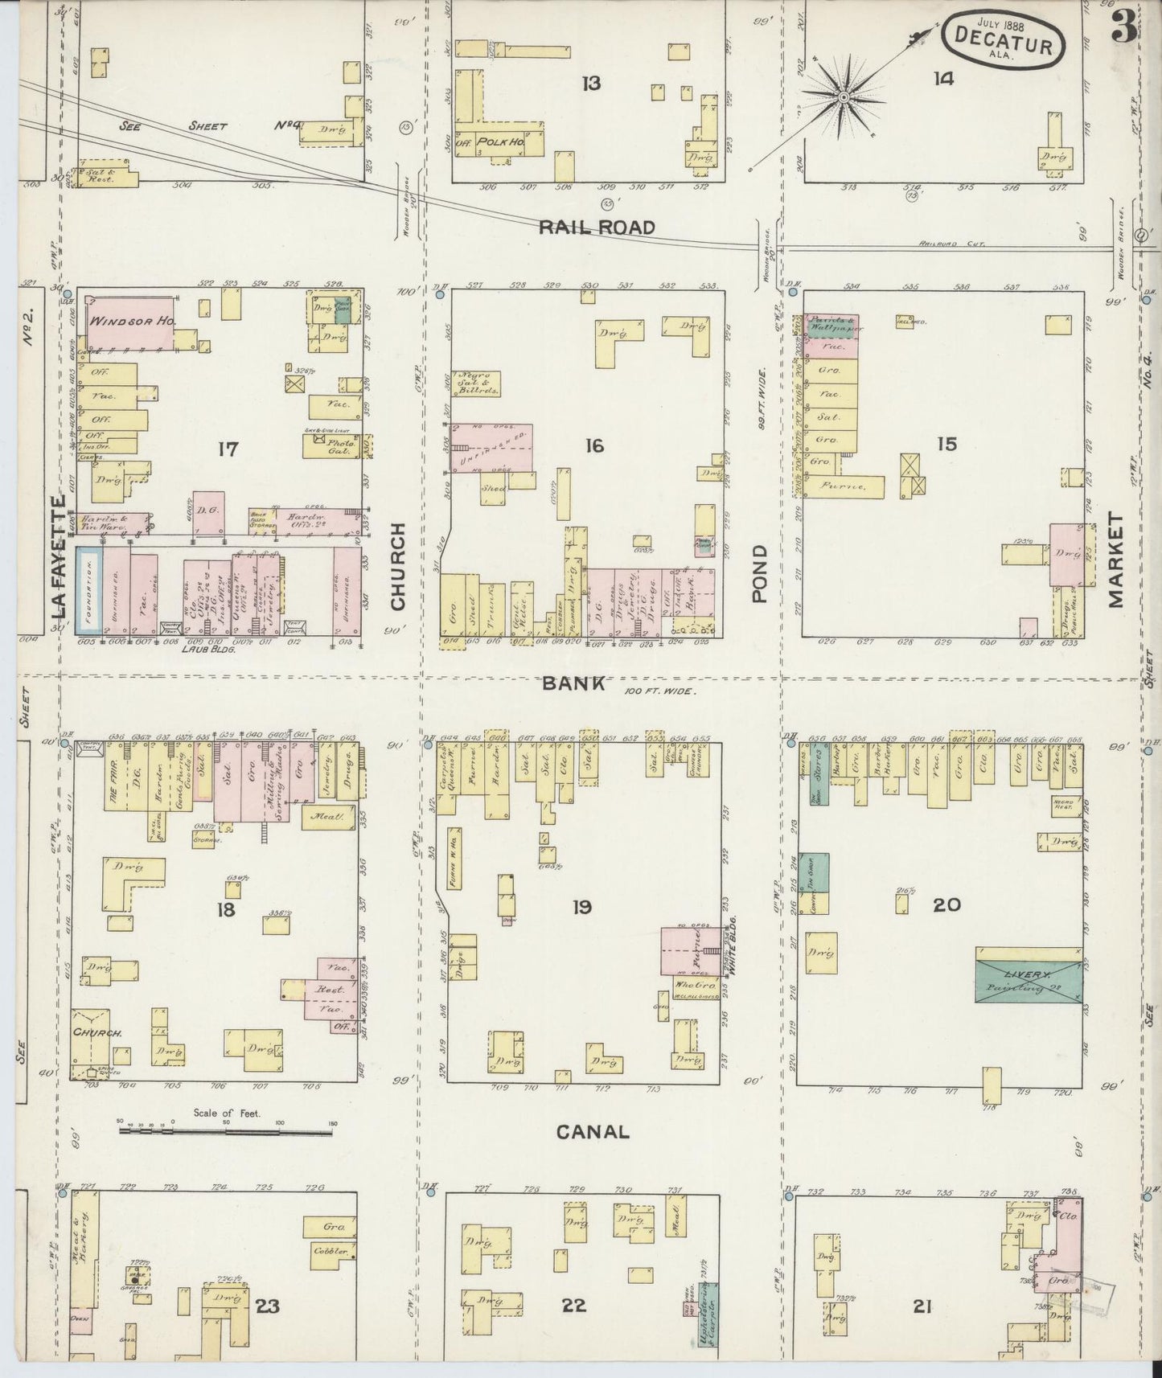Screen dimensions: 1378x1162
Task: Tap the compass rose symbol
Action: (844, 98)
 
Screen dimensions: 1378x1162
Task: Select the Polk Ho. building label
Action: (499, 141)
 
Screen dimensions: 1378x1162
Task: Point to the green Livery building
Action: (1028, 974)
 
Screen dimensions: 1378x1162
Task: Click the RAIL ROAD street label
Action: (597, 227)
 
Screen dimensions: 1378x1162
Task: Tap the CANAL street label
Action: (593, 1132)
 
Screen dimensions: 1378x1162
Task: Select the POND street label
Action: (760, 573)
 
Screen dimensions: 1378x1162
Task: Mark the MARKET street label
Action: (1115, 561)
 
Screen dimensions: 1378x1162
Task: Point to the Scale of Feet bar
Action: (228, 1130)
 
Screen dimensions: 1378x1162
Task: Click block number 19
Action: (581, 908)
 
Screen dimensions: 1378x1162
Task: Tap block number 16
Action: (593, 445)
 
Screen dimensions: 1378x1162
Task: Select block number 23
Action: (267, 1306)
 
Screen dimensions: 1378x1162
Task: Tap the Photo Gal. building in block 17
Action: (336, 446)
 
